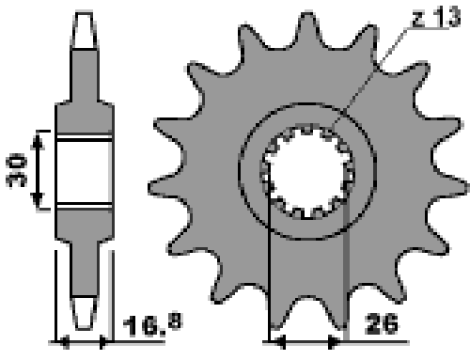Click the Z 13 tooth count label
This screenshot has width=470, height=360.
pos(436,17)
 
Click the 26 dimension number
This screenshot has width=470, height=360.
pos(382,323)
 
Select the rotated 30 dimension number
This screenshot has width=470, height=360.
pos(16,170)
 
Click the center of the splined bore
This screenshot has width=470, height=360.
pos(307,172)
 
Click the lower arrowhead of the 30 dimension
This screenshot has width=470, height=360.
pos(38,199)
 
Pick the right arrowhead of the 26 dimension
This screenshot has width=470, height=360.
pos(334,342)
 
